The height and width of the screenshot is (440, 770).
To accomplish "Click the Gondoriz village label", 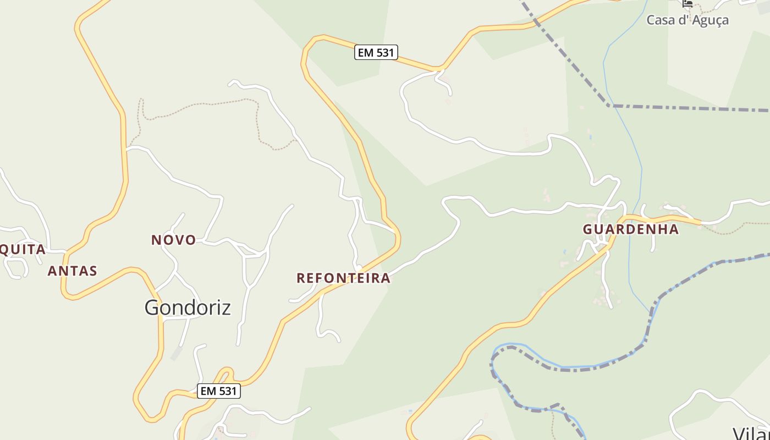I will [188, 307].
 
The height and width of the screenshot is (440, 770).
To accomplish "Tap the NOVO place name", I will [174, 240].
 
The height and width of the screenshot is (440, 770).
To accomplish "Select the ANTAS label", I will [72, 271].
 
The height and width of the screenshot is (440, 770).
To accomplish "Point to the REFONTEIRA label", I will [343, 278].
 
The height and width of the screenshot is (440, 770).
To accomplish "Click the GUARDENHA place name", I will [631, 229].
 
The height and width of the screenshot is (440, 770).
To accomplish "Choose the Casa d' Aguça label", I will [687, 20].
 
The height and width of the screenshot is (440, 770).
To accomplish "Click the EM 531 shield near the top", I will [376, 52].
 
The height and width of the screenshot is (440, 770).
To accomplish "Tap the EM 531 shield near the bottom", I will [219, 391].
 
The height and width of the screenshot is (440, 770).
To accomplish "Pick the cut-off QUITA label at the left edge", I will [22, 250].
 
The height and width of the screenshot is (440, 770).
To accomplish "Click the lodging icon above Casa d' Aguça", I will [687, 3].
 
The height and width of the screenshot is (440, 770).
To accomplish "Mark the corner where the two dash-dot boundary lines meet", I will [609, 105].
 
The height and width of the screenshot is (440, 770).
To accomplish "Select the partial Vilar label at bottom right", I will [751, 432].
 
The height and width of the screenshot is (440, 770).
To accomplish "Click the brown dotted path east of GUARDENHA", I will [737, 225].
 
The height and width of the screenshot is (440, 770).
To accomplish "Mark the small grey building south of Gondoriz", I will [177, 354].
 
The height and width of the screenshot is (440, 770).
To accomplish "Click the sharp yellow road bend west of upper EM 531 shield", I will [308, 44].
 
